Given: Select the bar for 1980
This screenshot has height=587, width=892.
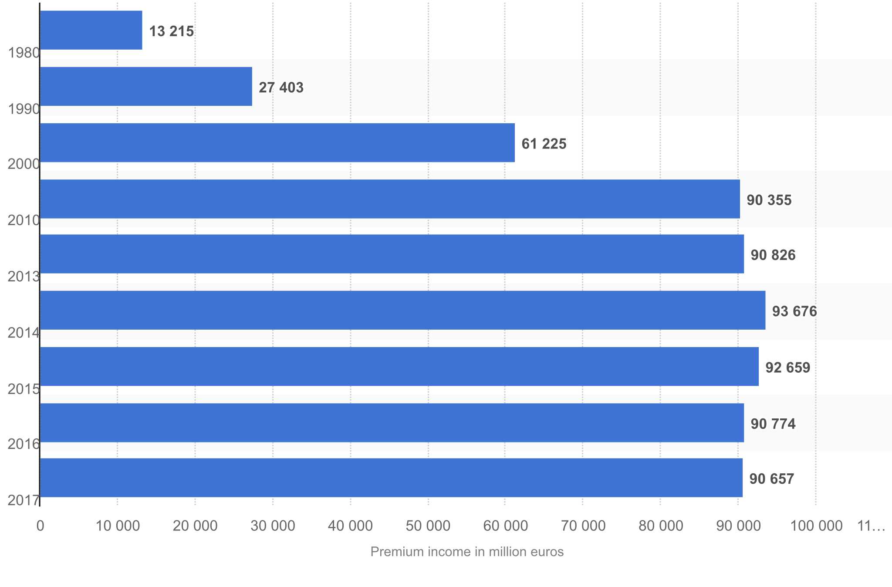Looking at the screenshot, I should (x=91, y=30).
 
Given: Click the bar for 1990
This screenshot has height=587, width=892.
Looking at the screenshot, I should (x=145, y=86).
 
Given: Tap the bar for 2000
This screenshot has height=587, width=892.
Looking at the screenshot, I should (x=277, y=142).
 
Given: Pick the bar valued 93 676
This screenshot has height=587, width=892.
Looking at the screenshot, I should (x=402, y=310).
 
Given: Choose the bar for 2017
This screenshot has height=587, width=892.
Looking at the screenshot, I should (x=391, y=478).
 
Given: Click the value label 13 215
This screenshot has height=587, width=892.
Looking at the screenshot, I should (x=172, y=31).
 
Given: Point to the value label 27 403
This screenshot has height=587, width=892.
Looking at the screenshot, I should (x=281, y=88).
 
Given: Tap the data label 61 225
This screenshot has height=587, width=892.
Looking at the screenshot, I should (x=544, y=144).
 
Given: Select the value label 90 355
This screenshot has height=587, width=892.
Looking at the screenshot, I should (x=769, y=200).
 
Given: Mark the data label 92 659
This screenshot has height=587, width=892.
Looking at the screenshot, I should (x=788, y=368).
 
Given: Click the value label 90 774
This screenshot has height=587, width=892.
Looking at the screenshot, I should (x=773, y=424).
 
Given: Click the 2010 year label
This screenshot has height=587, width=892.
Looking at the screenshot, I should (x=24, y=220).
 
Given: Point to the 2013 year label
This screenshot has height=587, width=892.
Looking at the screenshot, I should (x=24, y=277).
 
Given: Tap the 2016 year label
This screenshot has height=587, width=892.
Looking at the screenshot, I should (x=24, y=444).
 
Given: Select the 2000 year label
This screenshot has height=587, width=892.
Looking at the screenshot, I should (x=24, y=164).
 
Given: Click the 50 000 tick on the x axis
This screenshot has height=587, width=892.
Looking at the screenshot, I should (x=428, y=526).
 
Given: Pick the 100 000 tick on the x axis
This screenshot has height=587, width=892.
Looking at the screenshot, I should (x=816, y=526).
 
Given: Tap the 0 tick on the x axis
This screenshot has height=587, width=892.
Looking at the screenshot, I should (x=40, y=526).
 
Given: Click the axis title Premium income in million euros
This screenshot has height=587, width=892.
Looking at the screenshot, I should (x=467, y=552).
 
